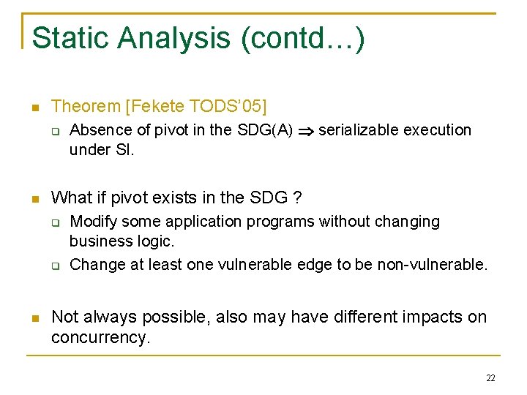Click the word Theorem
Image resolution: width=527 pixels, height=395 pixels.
click(x=86, y=107)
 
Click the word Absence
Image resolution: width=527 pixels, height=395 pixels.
click(x=98, y=131)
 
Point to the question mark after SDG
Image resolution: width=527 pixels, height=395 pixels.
click(x=297, y=197)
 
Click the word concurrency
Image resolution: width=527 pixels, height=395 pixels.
click(x=99, y=337)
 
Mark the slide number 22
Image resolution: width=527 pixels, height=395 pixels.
click(x=490, y=378)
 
